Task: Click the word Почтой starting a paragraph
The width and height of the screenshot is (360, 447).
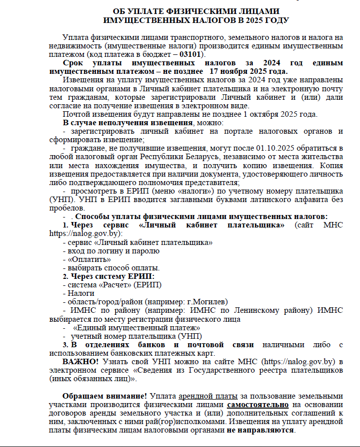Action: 75,114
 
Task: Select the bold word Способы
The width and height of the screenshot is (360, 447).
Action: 91,217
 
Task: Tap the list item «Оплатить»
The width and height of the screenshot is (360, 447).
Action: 87,259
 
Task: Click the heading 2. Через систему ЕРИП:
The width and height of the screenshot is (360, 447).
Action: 108,276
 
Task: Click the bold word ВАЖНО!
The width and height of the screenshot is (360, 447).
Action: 81,361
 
